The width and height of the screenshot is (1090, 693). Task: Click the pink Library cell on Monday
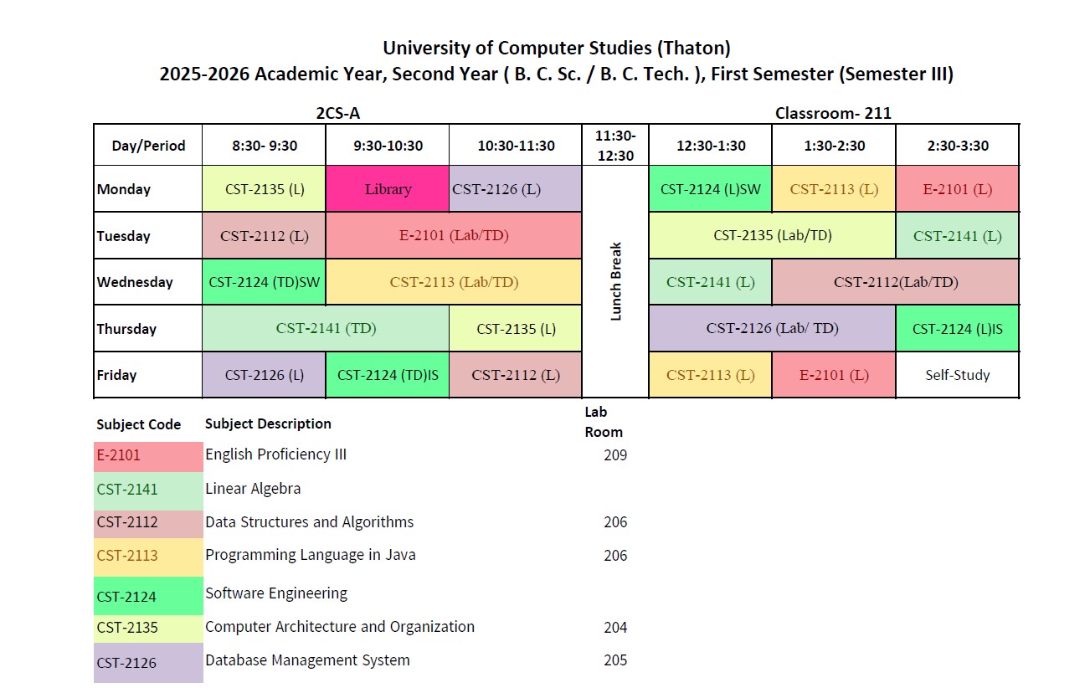388,189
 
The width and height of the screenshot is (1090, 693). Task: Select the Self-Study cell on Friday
957,375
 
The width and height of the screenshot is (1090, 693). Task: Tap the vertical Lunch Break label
615,282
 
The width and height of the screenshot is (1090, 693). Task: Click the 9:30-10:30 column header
388,146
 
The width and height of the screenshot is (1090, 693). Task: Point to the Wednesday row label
135,282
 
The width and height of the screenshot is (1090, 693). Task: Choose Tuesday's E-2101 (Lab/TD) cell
454,235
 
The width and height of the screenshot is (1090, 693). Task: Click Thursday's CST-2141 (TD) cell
326,328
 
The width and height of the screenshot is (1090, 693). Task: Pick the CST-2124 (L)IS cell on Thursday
957,329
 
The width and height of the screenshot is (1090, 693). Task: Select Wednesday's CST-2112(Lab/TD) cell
895,282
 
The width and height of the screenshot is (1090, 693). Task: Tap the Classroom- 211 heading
832,113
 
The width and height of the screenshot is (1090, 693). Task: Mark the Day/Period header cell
147,146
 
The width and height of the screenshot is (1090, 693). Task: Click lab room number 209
614,455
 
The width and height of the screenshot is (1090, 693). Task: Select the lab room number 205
614,660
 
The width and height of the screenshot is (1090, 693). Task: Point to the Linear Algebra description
253,489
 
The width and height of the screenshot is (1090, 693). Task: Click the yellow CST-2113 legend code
127,556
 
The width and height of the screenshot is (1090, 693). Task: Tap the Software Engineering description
275,593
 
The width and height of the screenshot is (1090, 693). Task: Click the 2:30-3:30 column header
957,146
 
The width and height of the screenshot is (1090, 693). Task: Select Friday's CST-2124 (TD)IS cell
388,375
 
